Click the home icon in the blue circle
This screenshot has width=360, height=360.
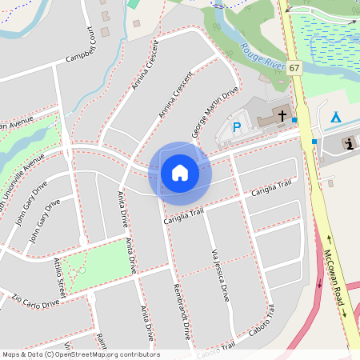[180, 172]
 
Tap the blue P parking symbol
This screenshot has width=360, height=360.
[236, 126]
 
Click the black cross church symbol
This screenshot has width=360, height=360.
[282, 116]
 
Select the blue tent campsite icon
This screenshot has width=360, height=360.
[336, 117]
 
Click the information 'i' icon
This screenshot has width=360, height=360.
[349, 143]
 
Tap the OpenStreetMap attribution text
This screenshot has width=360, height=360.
[80, 354]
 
